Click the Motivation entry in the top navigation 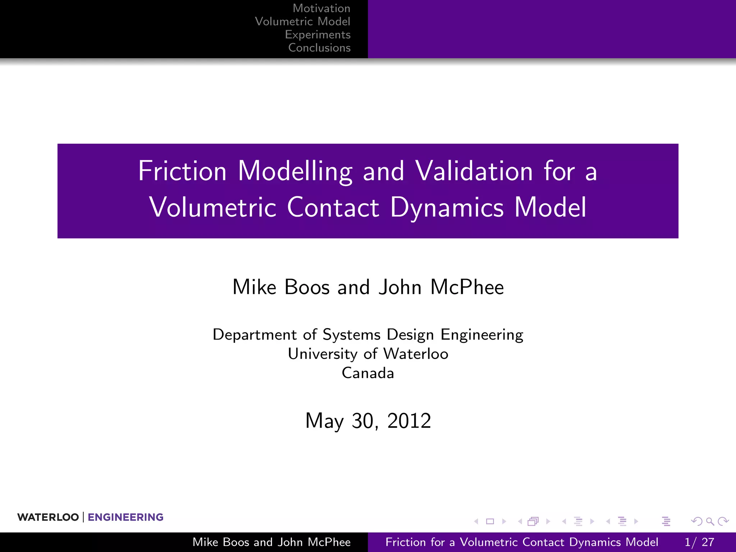[321, 8]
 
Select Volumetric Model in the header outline [302, 22]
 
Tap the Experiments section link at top [317, 34]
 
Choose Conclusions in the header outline [319, 48]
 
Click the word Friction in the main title [182, 171]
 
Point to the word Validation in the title [474, 171]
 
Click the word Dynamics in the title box [447, 207]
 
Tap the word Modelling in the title [295, 172]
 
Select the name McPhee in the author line [467, 287]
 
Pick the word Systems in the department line [351, 335]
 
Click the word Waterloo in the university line [416, 354]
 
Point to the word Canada [368, 373]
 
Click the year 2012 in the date [409, 420]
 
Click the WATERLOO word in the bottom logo [48, 517]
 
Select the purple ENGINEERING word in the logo [125, 517]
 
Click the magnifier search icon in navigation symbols [710, 521]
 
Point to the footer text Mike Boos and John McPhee [271, 542]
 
